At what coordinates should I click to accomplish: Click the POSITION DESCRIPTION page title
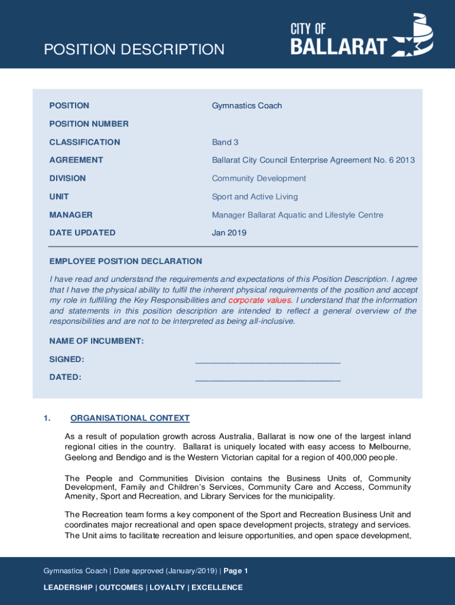(134, 50)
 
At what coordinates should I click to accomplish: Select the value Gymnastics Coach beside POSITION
(247, 106)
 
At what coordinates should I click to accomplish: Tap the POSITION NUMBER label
(89, 124)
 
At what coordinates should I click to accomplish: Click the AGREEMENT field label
(76, 160)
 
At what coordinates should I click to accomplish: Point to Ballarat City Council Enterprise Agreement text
(313, 160)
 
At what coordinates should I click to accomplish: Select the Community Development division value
(259, 178)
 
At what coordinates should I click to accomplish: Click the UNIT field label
(59, 197)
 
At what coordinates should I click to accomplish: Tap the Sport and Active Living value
(255, 197)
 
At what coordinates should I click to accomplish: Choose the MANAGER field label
(71, 215)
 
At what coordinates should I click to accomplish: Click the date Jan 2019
(229, 233)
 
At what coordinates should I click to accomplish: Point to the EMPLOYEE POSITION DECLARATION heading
(125, 261)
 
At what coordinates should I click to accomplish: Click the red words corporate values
(259, 300)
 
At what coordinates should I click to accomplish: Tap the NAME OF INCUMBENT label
(96, 341)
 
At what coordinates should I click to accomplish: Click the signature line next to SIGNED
(268, 361)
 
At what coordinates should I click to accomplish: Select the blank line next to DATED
(268, 379)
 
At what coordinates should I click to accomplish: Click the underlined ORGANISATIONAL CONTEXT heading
(130, 418)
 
